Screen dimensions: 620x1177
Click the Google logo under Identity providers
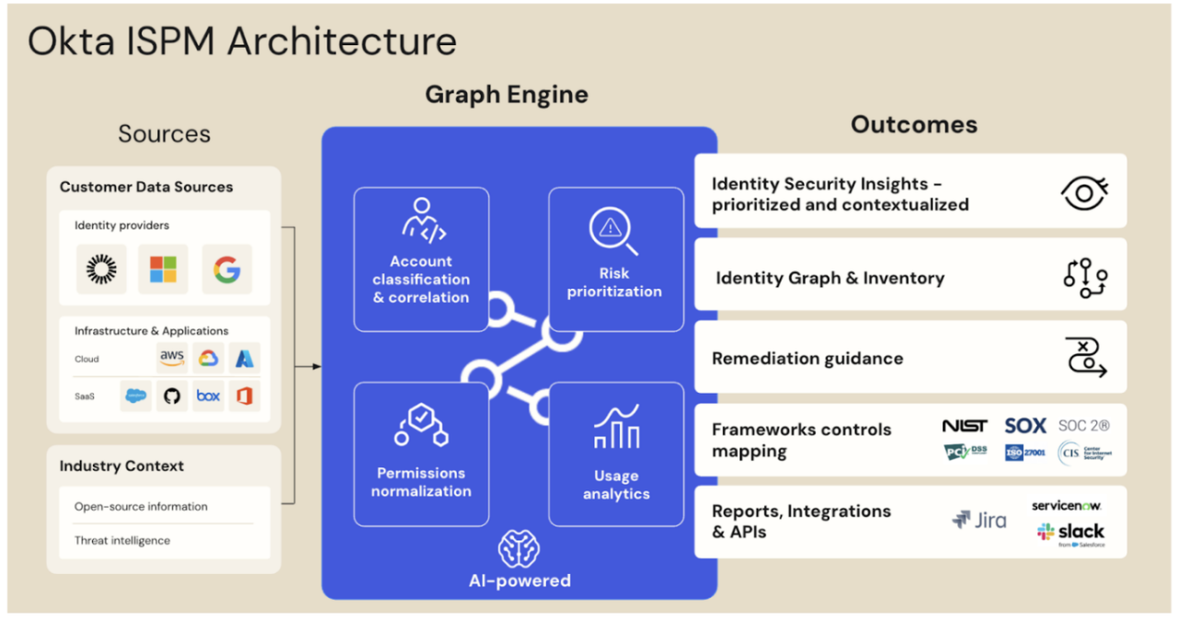[x=226, y=270]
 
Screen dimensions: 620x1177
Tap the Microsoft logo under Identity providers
[x=163, y=270]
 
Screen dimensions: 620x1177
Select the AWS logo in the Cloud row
[x=172, y=358]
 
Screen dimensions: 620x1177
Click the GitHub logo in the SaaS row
[x=171, y=396]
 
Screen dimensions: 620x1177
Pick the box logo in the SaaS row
[x=209, y=396]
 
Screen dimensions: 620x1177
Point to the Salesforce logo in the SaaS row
[x=136, y=396]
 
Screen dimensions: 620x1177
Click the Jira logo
[x=979, y=521]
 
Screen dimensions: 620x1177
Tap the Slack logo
[x=1070, y=532]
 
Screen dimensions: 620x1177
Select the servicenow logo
[x=1067, y=506]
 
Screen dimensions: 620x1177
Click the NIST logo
[x=965, y=426]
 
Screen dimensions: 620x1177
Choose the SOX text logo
[x=1025, y=426]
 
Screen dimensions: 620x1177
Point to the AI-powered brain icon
[x=519, y=550]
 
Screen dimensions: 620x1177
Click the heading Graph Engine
[x=507, y=95]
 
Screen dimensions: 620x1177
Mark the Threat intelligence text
[x=122, y=541]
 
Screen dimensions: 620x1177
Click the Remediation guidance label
[x=807, y=359]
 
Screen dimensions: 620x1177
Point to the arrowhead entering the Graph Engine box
[x=316, y=366]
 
